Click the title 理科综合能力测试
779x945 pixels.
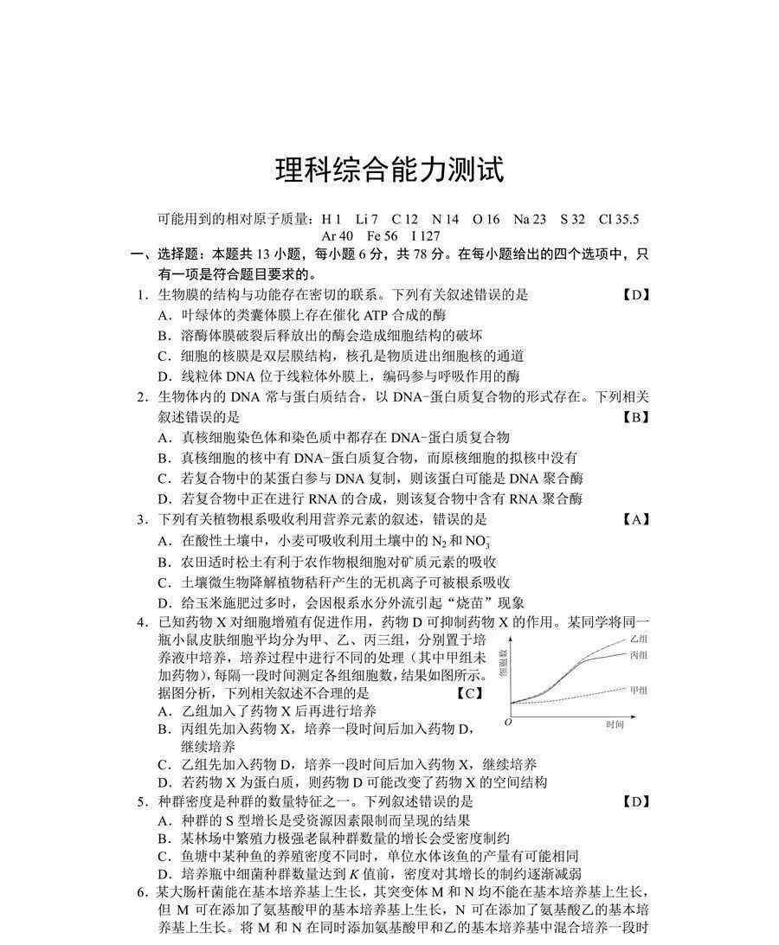(389, 170)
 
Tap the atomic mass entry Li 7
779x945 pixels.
(367, 220)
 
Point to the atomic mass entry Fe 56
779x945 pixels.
(383, 235)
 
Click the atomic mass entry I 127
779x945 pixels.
(426, 235)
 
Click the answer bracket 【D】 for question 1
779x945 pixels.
(636, 294)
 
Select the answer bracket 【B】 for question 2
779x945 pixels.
(636, 417)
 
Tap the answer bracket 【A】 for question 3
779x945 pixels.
(636, 519)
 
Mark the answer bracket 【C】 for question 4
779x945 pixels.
(468, 692)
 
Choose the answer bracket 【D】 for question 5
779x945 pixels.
(636, 801)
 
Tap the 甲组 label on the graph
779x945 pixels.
(639, 691)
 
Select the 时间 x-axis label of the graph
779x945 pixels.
(615, 724)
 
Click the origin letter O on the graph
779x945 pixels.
(508, 721)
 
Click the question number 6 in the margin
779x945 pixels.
(141, 892)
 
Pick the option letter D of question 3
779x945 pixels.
(164, 603)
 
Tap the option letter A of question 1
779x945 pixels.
(164, 315)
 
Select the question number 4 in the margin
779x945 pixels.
(141, 622)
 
